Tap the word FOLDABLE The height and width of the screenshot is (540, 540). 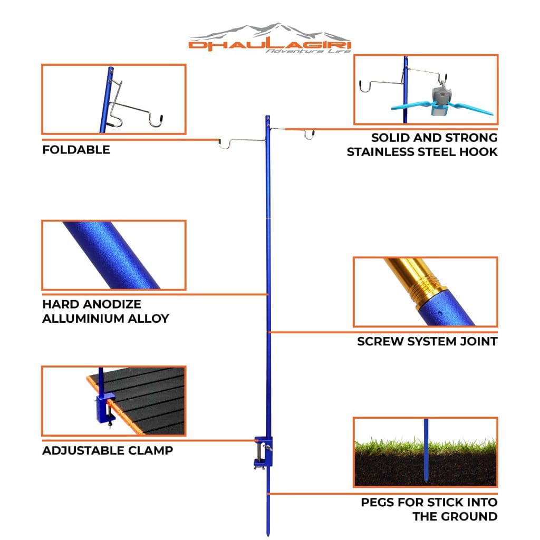pyautogui.click(x=76, y=150)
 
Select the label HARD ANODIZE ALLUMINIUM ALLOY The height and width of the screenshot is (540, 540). pyautogui.click(x=105, y=311)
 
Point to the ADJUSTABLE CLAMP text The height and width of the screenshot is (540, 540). pyautogui.click(x=108, y=451)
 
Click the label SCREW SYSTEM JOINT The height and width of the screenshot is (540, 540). pyautogui.click(x=427, y=341)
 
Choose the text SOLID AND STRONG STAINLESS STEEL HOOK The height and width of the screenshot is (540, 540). pyautogui.click(x=422, y=144)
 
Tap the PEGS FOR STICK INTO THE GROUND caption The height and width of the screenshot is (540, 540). pyautogui.click(x=429, y=509)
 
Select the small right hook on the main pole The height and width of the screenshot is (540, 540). pyautogui.click(x=309, y=135)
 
